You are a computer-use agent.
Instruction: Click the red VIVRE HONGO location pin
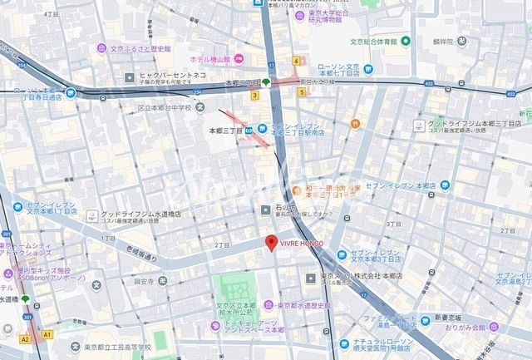[270, 243]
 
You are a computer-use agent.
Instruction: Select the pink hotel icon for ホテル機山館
[239, 58]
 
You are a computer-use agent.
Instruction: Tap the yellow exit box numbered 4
[296, 61]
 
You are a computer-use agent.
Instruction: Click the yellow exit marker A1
[47, 334]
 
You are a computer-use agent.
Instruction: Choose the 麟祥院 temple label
[480, 39]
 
